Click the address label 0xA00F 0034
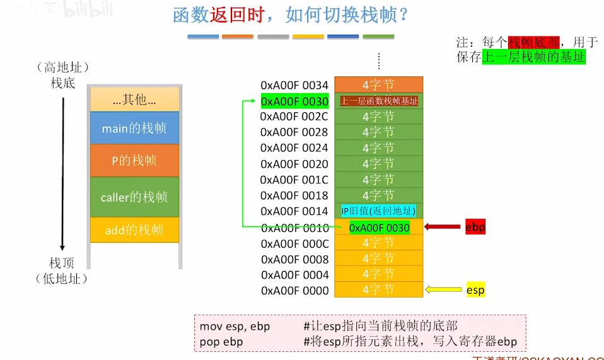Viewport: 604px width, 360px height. (294, 85)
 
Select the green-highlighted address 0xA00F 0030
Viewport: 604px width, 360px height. (294, 101)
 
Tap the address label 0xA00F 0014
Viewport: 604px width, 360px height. (294, 211)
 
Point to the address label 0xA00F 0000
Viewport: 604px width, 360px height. (294, 291)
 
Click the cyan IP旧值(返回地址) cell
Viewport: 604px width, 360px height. (378, 211)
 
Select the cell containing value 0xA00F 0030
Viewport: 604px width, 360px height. (378, 228)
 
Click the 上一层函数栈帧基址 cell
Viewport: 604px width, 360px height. (378, 101)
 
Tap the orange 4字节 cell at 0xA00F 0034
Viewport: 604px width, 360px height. (378, 85)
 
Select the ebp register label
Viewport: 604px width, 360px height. (475, 228)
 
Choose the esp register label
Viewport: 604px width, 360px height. (475, 290)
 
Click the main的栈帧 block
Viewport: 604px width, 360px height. (134, 128)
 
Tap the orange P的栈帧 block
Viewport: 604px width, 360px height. (134, 160)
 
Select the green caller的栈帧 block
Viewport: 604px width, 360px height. (134, 197)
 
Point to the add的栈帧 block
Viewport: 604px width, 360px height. (134, 230)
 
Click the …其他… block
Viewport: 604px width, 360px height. (134, 99)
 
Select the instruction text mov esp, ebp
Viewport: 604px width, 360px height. (235, 326)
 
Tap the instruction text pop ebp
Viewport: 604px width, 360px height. (221, 342)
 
